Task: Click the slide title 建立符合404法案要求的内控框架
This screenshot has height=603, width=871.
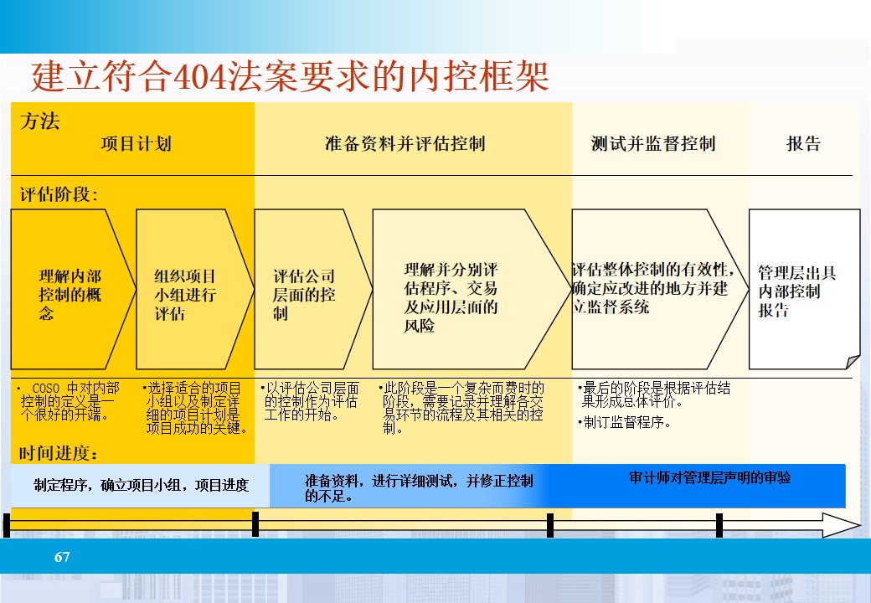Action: (x=290, y=77)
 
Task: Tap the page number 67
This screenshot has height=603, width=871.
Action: (x=62, y=557)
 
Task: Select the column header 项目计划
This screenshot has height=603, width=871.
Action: (x=136, y=143)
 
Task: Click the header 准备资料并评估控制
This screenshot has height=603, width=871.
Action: (x=405, y=143)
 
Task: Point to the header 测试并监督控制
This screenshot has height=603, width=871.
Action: (x=653, y=143)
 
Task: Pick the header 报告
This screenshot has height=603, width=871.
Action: (x=803, y=143)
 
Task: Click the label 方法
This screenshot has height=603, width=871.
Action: (x=39, y=121)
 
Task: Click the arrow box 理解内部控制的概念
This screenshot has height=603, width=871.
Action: (x=70, y=294)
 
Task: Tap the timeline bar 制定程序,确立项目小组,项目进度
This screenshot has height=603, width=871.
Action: (x=141, y=485)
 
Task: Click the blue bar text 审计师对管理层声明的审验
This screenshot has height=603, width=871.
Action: (x=709, y=478)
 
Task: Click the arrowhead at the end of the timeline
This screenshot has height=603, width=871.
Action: (x=841, y=525)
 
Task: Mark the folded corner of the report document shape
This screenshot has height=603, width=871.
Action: (x=853, y=362)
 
